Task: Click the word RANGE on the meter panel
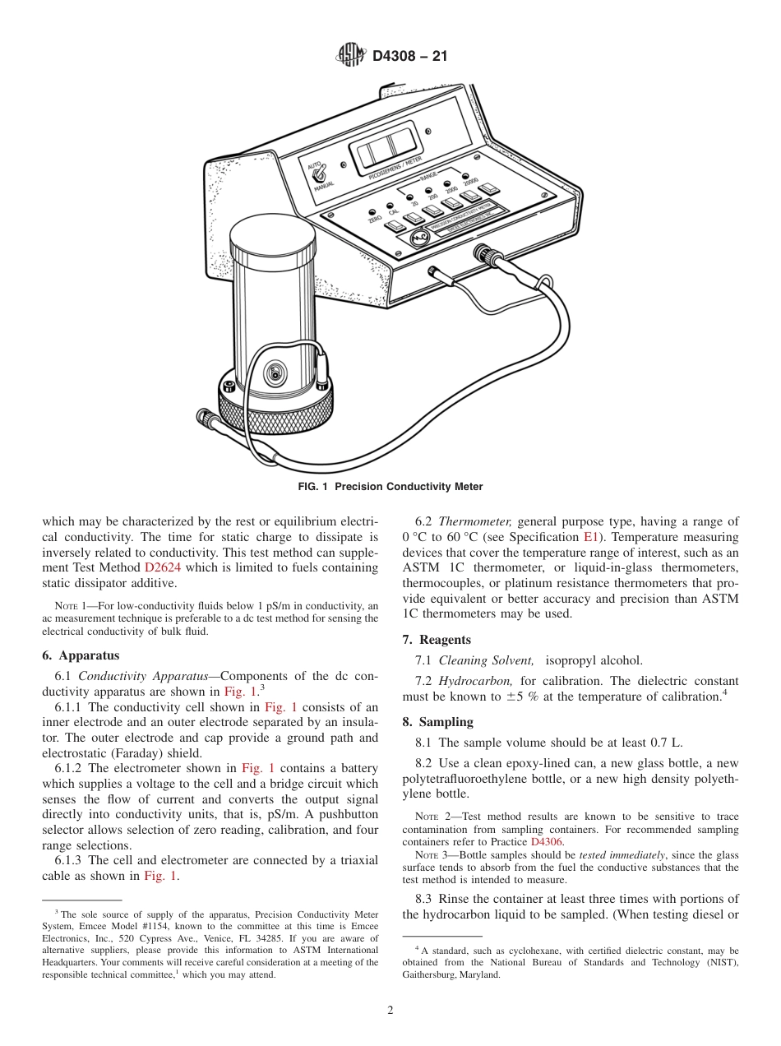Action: (428, 178)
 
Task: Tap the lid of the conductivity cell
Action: (273, 239)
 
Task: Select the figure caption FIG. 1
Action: (390, 487)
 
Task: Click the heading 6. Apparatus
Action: (81, 655)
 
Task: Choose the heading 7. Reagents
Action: (437, 640)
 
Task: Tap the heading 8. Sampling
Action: (437, 722)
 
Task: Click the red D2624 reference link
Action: (162, 567)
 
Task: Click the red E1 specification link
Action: (589, 537)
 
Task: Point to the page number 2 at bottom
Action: (390, 1011)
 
